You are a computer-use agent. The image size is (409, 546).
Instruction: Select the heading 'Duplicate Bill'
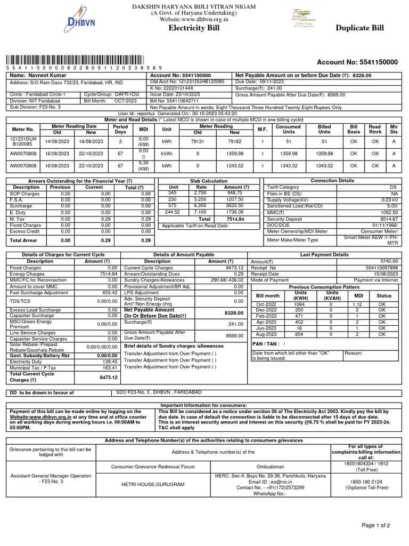(363, 28)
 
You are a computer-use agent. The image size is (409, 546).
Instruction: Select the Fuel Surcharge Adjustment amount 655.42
(110, 293)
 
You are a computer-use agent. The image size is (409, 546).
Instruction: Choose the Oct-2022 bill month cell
(267, 304)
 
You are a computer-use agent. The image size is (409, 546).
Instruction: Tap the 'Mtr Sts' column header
(394, 129)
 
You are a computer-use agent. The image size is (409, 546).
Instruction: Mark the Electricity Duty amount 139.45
(110, 362)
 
